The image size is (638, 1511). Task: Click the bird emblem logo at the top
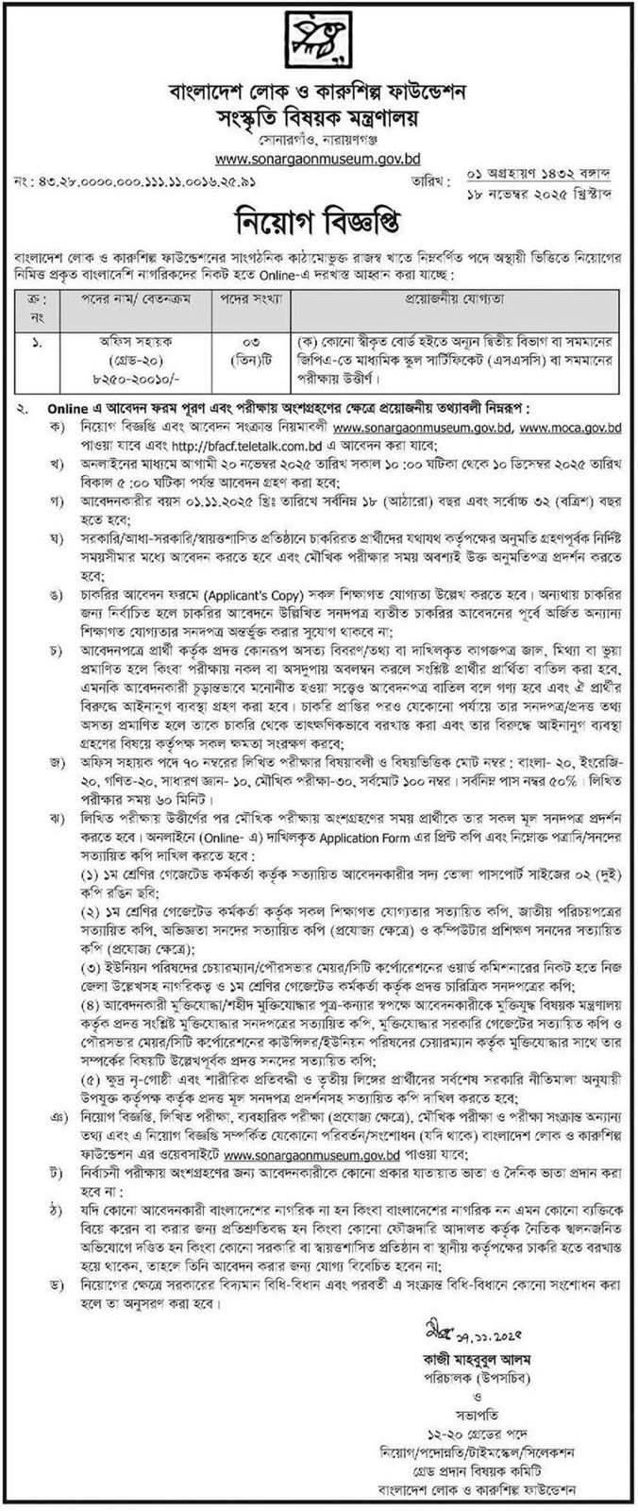[318, 43]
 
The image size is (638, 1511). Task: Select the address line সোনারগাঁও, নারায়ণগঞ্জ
[318, 138]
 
